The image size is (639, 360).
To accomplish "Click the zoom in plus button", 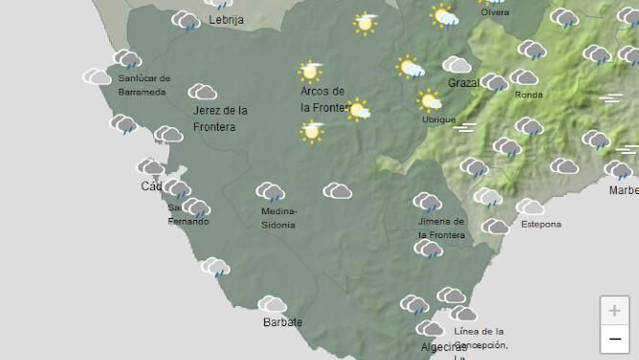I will (614, 311).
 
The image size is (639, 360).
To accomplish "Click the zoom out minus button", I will (614, 339).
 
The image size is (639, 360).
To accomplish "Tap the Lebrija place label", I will (226, 20).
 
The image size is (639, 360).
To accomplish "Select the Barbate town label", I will (282, 322).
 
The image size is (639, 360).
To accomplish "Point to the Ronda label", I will (528, 95).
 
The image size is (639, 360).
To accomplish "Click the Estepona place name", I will (541, 224).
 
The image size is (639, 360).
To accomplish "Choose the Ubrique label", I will (439, 119).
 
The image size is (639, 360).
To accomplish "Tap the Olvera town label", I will (494, 12).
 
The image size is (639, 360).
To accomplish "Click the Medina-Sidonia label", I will (278, 218).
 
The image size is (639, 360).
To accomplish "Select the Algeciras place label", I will (438, 347).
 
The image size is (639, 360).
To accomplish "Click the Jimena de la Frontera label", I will (441, 228).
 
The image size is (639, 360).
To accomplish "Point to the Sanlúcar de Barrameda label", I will (144, 85).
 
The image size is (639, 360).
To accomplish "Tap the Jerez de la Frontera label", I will (220, 119).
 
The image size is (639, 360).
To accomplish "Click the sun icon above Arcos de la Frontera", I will (310, 71).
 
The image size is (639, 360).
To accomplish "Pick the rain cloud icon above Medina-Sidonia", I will (270, 192).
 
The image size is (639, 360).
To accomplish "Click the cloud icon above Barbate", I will (272, 304).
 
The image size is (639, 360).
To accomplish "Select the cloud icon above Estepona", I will (530, 207).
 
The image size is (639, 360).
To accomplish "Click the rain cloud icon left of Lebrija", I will (186, 20).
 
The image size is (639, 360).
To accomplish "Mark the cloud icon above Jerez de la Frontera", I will (202, 92).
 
